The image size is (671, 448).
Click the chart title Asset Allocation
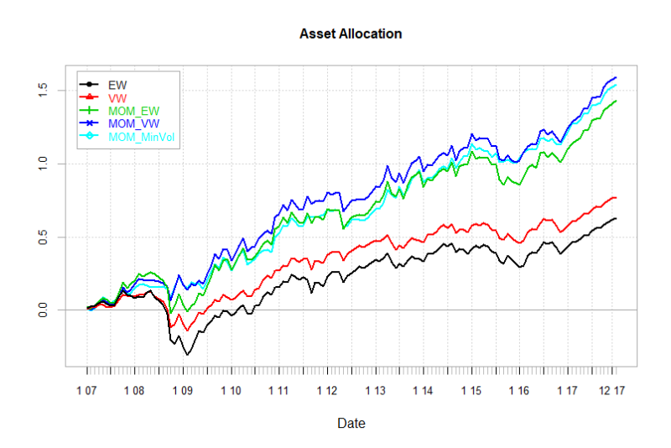click(x=351, y=34)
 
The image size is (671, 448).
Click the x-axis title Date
click(x=351, y=424)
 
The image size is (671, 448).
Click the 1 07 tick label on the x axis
click(x=86, y=391)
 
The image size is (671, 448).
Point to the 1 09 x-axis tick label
click(x=183, y=391)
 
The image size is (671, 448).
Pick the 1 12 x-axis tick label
click(x=328, y=391)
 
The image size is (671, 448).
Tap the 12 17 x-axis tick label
click(x=611, y=391)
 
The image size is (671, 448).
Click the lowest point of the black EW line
click(x=187, y=355)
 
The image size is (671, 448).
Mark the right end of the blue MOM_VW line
click(x=616, y=77)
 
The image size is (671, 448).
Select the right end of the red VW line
click(x=616, y=197)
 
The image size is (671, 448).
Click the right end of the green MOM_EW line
click(x=616, y=101)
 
